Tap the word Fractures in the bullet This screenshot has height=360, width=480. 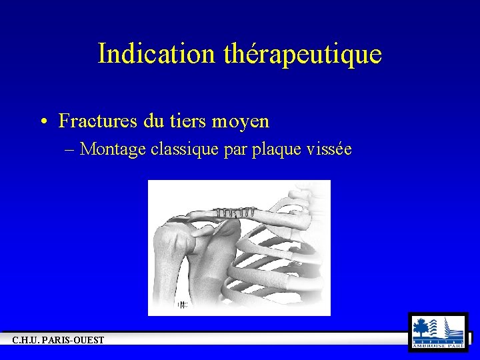point(97,121)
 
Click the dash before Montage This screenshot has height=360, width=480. point(71,149)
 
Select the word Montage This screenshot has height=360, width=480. point(113,150)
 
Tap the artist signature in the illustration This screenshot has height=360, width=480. point(183,305)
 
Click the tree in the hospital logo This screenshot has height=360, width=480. point(421,327)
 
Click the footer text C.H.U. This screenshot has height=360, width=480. point(27,341)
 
